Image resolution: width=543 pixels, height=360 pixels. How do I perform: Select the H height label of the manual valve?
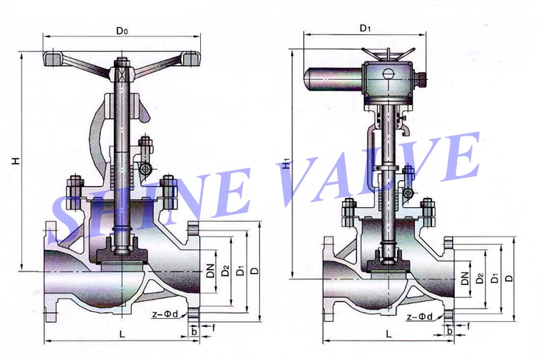point(16,161)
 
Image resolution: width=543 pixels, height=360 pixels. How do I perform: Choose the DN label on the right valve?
point(463,278)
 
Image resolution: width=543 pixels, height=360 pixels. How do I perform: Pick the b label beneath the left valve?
point(194,332)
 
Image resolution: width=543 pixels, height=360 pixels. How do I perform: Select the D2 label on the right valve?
point(480,277)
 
